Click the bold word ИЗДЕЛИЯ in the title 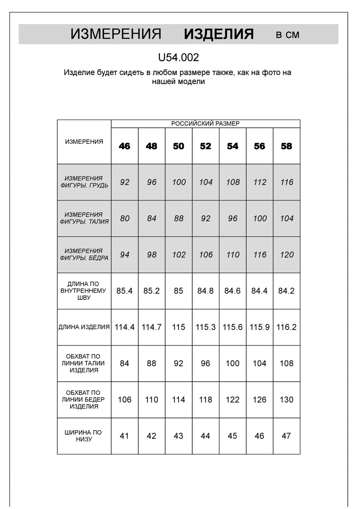tap(219, 34)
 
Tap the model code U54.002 tap(178, 58)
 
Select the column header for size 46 tap(125, 146)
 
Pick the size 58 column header tap(287, 146)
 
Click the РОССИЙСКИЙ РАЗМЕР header tap(205, 123)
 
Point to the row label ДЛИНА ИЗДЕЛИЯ tap(84, 327)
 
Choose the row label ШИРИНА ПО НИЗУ tap(84, 436)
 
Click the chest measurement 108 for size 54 tap(232, 182)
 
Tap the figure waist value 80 tap(125, 218)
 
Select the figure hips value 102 tap(179, 255)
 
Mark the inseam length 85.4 tap(125, 291)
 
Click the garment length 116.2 tap(287, 327)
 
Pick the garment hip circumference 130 tap(287, 400)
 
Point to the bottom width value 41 tap(125, 436)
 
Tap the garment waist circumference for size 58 tap(287, 364)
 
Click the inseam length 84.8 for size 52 tap(206, 291)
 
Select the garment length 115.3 tap(206, 327)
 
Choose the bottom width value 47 tap(287, 436)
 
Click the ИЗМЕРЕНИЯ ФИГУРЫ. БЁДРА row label tap(84, 255)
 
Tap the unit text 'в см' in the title tap(287, 35)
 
